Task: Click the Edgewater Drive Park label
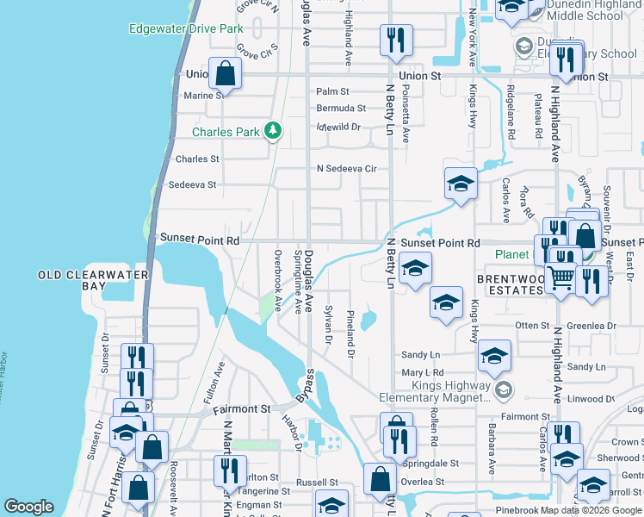(x=186, y=28)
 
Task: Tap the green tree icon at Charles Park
(x=274, y=131)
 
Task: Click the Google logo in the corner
(x=28, y=507)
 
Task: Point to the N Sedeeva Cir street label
(x=347, y=169)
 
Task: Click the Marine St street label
(x=204, y=96)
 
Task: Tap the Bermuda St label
(x=340, y=109)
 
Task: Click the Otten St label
(x=532, y=326)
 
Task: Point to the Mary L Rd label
(x=422, y=373)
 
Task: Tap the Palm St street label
(x=332, y=91)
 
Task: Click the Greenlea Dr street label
(x=592, y=326)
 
